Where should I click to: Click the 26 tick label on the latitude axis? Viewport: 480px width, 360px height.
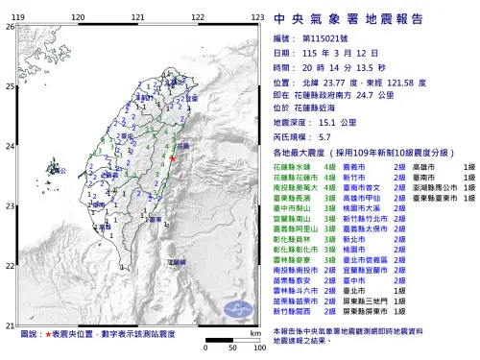coord(10,27)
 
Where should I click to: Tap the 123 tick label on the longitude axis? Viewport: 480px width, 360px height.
coord(257,18)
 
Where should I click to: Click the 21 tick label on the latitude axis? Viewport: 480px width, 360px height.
coord(10,326)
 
